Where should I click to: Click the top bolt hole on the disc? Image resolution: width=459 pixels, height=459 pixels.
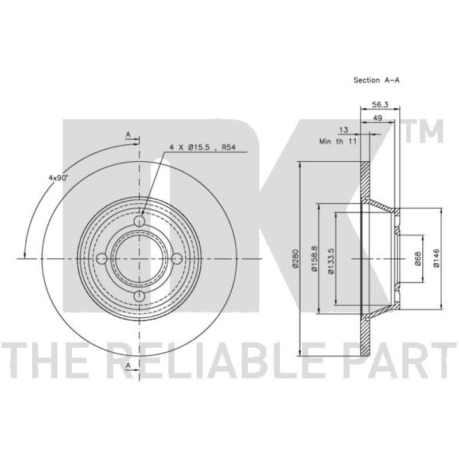(x=139, y=221)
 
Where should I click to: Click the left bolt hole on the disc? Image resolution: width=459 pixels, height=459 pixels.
(x=102, y=259)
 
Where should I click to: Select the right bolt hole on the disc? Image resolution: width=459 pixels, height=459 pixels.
(x=177, y=259)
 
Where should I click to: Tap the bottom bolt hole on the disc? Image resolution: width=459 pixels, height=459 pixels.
(x=139, y=296)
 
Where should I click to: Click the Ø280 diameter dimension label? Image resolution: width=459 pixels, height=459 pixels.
(x=295, y=258)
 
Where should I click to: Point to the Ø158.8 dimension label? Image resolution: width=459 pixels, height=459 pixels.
(x=314, y=259)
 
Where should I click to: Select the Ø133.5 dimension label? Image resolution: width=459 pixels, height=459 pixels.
(x=331, y=260)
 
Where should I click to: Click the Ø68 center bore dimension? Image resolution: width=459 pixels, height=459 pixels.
(x=418, y=259)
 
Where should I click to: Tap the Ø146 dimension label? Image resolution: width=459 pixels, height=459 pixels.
(x=437, y=258)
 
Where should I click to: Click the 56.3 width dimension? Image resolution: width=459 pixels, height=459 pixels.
(x=380, y=104)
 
